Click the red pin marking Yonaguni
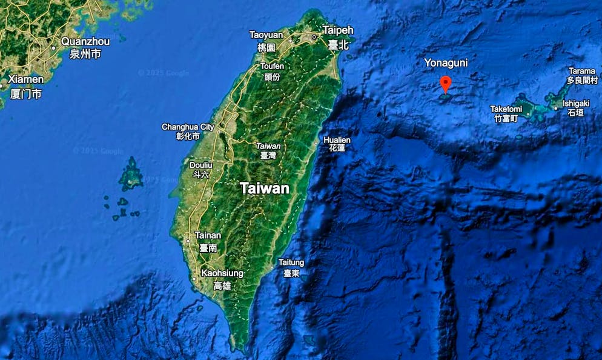[446, 84]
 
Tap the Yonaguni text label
[446, 63]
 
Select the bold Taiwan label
[265, 188]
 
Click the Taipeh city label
[338, 30]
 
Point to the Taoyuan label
[266, 35]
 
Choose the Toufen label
[272, 66]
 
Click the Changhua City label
[188, 127]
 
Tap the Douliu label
[201, 165]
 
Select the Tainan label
[208, 235]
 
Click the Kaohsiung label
[222, 274]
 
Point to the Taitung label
[291, 262]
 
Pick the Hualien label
[337, 140]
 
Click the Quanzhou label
[85, 42]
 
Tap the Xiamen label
[27, 79]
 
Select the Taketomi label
[506, 109]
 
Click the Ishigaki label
[576, 104]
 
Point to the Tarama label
[581, 72]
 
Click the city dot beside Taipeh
[314, 37]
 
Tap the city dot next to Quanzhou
[55, 46]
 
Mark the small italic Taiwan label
[268, 146]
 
